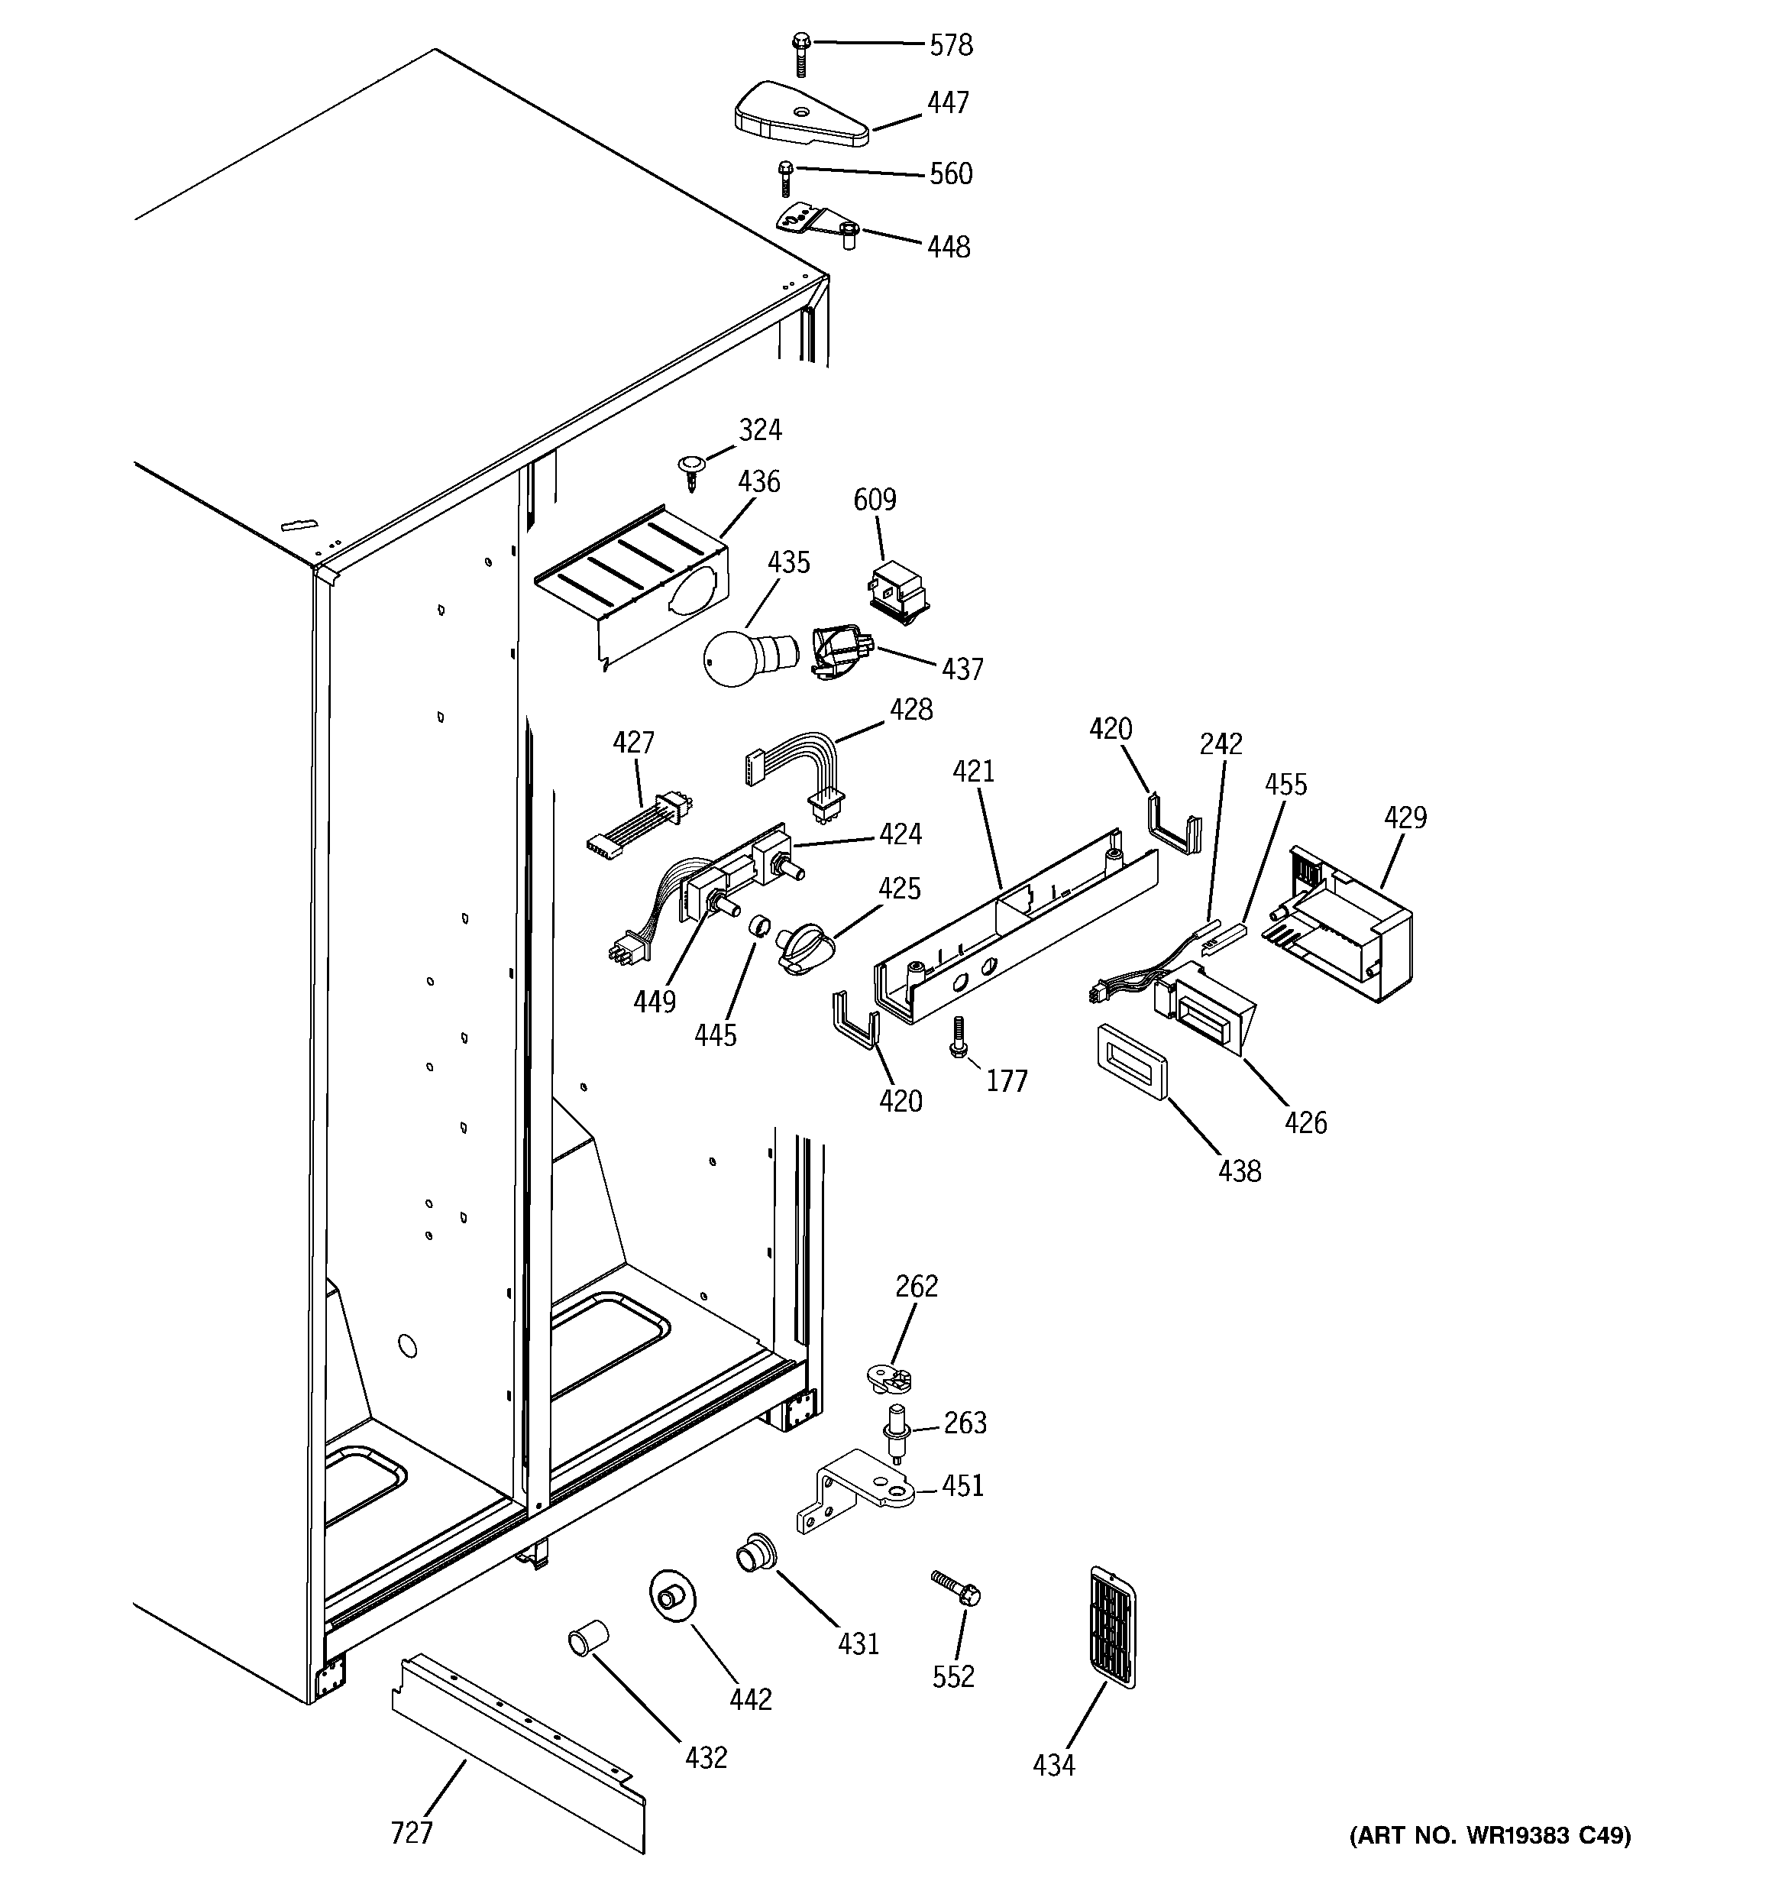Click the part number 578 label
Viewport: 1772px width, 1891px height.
pos(950,45)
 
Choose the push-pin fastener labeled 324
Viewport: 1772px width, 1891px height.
pos(689,470)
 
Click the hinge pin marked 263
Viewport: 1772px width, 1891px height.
pos(895,1430)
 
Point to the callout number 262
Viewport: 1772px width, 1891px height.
pos(916,1286)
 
